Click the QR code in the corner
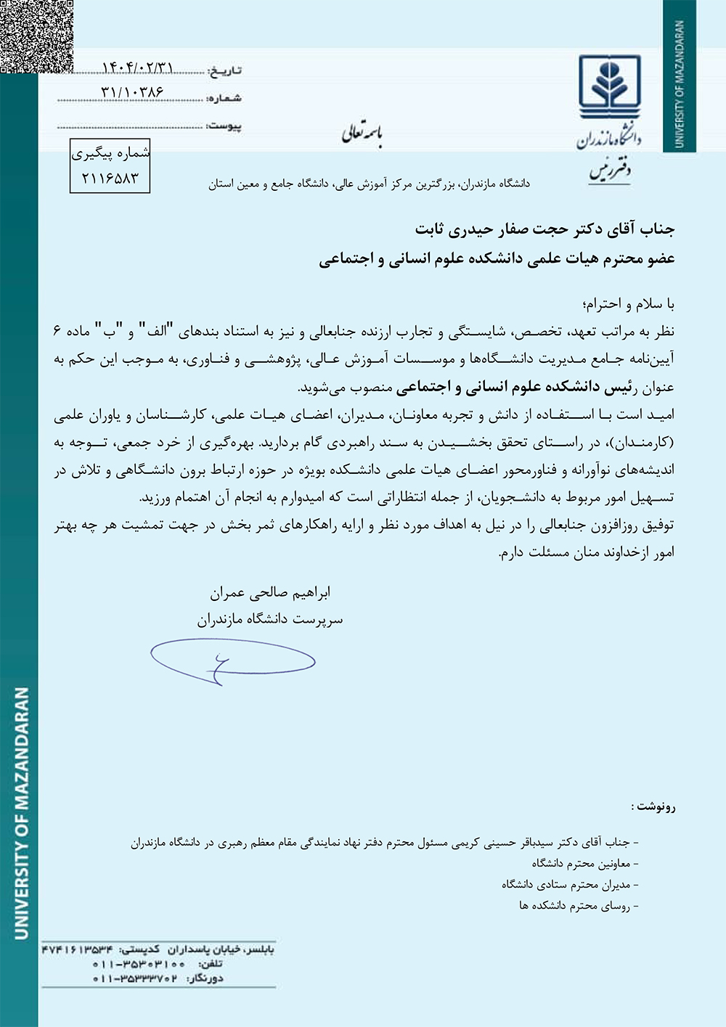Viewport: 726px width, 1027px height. tap(36, 36)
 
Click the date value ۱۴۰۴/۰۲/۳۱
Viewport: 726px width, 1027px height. tap(137, 68)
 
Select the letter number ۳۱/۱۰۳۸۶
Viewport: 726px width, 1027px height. tap(132, 93)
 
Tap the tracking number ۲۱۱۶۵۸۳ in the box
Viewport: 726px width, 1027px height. tap(110, 179)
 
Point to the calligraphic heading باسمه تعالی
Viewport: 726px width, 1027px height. tap(362, 134)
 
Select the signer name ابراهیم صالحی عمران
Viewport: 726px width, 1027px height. tap(270, 593)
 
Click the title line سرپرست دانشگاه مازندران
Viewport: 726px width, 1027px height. tap(269, 620)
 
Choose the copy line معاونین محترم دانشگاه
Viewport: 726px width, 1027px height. tap(584, 864)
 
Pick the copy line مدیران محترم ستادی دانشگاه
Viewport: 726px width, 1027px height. tap(570, 885)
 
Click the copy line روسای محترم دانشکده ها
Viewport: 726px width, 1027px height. tap(579, 906)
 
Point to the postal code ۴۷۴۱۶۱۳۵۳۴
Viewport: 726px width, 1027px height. tap(77, 950)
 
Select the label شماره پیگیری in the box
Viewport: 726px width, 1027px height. tap(110, 153)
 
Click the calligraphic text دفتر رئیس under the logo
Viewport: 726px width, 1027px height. tap(610, 171)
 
